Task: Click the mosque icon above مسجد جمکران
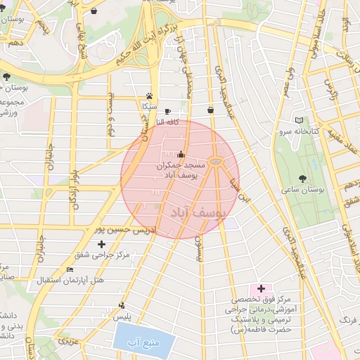pos(181,155)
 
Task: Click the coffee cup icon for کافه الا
pos(167,112)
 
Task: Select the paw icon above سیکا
pos(149,96)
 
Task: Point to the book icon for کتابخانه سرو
pos(300,121)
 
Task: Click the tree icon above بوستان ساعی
pos(302,179)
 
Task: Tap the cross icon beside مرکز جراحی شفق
pos(102,243)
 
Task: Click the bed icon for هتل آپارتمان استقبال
pos(69,270)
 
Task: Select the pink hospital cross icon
pos(262,288)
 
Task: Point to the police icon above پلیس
pos(122,306)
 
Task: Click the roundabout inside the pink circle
pos(215,162)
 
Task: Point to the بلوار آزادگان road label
pos(72,189)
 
